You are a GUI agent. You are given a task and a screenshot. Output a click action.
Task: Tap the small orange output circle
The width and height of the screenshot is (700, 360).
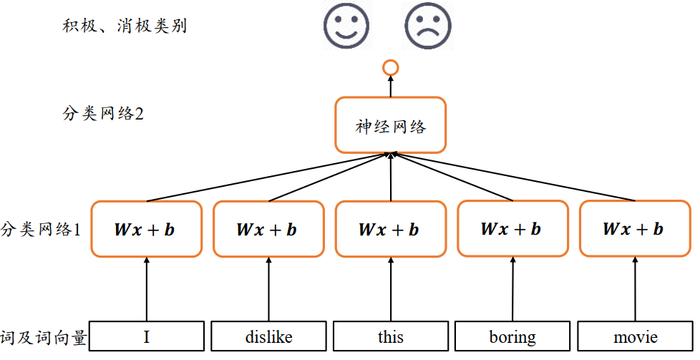pyautogui.click(x=390, y=68)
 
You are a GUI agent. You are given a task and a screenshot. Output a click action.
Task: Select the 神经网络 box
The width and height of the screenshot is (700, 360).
pyautogui.click(x=390, y=125)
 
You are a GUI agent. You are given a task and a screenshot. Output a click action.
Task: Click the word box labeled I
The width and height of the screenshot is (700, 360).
pyautogui.click(x=147, y=336)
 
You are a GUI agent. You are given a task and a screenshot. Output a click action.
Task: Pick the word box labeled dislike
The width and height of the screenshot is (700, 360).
pyautogui.click(x=268, y=336)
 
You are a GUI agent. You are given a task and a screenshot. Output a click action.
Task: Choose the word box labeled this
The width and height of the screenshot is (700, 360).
pyautogui.click(x=391, y=336)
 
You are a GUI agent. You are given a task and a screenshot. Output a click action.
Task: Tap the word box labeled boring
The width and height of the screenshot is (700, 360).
pyautogui.click(x=512, y=336)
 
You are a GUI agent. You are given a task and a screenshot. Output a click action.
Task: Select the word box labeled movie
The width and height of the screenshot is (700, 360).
pyautogui.click(x=635, y=336)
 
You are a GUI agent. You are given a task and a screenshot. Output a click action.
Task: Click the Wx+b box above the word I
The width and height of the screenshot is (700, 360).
pyautogui.click(x=147, y=230)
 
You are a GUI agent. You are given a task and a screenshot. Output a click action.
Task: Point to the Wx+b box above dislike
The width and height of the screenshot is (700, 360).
pyautogui.click(x=268, y=230)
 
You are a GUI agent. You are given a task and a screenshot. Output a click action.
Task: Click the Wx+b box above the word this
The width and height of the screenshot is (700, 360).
pyautogui.click(x=391, y=230)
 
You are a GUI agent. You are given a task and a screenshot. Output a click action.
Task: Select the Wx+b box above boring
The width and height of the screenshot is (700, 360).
pyautogui.click(x=512, y=228)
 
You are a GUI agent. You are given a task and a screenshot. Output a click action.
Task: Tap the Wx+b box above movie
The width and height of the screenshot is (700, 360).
pyautogui.click(x=635, y=228)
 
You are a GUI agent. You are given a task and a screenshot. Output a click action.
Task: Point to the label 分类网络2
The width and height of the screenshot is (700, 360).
pyautogui.click(x=103, y=114)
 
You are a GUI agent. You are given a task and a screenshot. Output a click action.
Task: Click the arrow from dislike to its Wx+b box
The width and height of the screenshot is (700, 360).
pyautogui.click(x=268, y=290)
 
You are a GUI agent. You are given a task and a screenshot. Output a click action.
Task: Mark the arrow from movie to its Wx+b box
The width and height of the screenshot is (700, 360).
pyautogui.click(x=635, y=289)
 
